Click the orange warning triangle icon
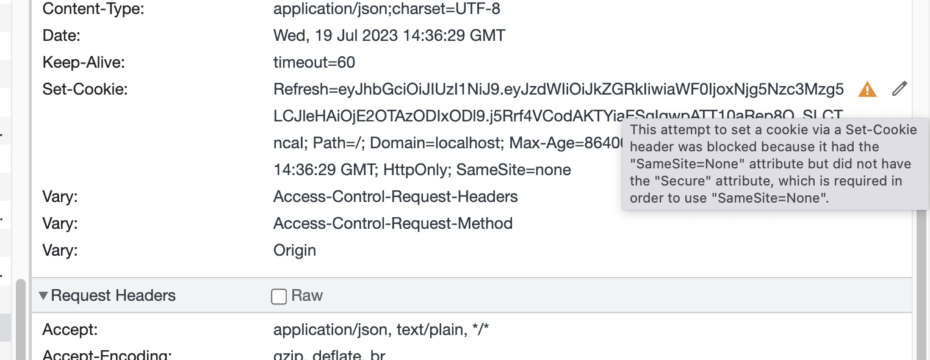[867, 90]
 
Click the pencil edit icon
[899, 89]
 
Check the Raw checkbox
[279, 297]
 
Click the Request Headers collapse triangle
[43, 296]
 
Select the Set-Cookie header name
[85, 90]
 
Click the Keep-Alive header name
[84, 62]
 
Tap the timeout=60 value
[314, 62]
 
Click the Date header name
[62, 35]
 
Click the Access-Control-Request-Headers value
[395, 196]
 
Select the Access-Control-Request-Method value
[393, 223]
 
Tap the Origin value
[295, 250]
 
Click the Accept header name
[70, 330]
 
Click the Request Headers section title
[114, 296]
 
